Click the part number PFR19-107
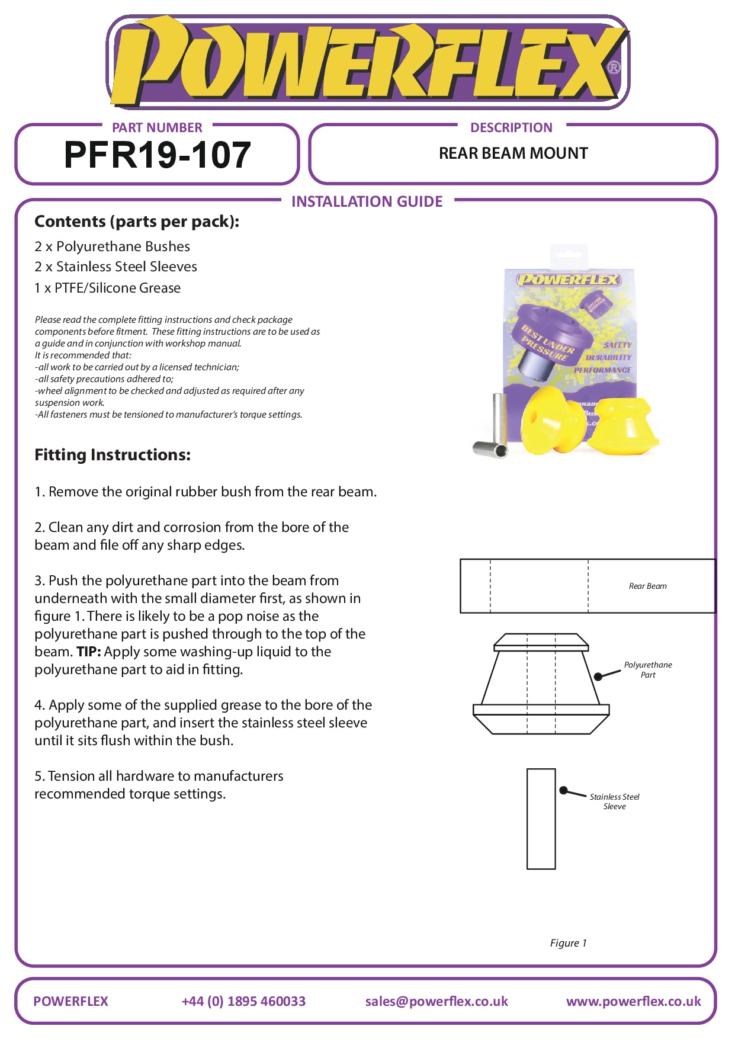point(157,155)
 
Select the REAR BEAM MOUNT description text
point(513,153)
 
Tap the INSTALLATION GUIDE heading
point(367,202)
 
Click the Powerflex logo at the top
point(367,62)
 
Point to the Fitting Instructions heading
point(113,455)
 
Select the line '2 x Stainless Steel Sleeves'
point(115,267)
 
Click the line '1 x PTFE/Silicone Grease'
point(107,288)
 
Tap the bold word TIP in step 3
point(88,652)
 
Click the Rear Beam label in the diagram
point(647,586)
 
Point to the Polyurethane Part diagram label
point(648,670)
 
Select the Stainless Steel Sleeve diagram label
point(614,801)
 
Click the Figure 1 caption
point(568,943)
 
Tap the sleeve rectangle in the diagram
point(541,819)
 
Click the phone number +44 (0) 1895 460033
point(243,1001)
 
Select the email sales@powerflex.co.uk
point(436,1001)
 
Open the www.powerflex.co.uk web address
point(633,1001)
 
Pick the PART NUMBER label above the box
point(157,127)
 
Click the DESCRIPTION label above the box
point(511,127)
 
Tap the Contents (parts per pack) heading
point(137,222)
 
